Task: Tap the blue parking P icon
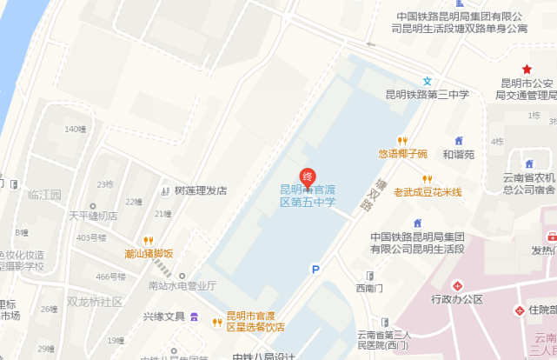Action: click(x=315, y=270)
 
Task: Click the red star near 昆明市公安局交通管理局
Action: click(x=526, y=70)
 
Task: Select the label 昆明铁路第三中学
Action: click(x=428, y=95)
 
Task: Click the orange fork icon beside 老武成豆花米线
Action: click(x=426, y=179)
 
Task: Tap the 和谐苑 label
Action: click(x=459, y=155)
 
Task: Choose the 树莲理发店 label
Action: click(x=200, y=190)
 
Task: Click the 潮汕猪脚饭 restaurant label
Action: click(x=149, y=254)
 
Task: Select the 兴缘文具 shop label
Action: click(x=164, y=316)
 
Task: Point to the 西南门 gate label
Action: click(x=368, y=287)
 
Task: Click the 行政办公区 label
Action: click(x=456, y=299)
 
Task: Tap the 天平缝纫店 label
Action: click(x=93, y=216)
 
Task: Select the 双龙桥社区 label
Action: click(x=95, y=301)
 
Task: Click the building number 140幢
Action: click(x=76, y=130)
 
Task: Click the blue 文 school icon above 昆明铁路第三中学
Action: click(x=427, y=81)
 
